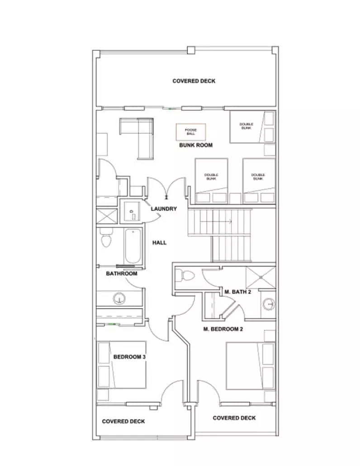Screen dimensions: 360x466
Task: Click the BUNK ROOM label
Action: click(x=196, y=145)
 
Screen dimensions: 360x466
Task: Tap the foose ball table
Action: click(x=191, y=132)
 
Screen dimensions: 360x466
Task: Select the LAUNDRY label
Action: click(x=164, y=209)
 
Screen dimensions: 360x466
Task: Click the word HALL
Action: click(x=159, y=243)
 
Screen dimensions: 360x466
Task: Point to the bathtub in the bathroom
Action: click(x=133, y=246)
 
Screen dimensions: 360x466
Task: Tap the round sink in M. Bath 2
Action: click(x=269, y=304)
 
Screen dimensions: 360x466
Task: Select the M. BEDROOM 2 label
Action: click(x=223, y=329)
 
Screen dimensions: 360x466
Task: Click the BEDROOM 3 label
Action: click(x=129, y=357)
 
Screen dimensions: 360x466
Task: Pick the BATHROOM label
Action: click(x=122, y=273)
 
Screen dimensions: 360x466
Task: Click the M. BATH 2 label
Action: click(x=237, y=292)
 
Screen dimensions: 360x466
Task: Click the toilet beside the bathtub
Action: click(x=105, y=238)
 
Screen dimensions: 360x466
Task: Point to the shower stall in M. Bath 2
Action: click(x=261, y=278)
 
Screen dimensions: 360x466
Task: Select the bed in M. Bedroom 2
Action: click(x=250, y=366)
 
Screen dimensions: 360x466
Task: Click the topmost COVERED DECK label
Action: click(x=194, y=81)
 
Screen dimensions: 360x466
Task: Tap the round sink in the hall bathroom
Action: click(x=119, y=299)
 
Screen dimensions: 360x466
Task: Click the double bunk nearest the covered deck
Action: click(x=252, y=127)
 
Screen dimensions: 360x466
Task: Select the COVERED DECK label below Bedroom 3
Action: click(x=123, y=421)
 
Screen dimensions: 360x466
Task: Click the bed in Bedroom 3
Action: click(x=122, y=365)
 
